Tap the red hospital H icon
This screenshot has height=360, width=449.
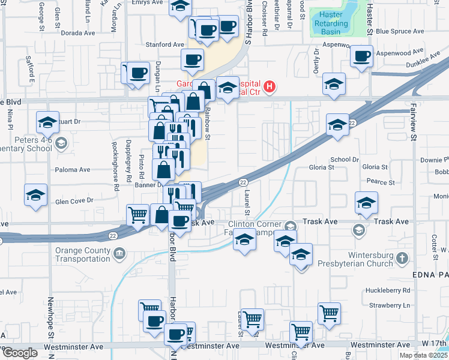tap(270, 87)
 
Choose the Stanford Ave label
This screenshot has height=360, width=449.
tap(164, 44)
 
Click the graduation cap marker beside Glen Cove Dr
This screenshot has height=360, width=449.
tap(36, 196)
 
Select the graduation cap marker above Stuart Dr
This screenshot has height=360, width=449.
tap(47, 122)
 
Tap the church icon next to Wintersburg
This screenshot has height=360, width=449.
tap(402, 259)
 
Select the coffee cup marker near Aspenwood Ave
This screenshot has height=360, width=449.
tap(361, 56)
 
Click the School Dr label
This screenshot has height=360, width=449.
tap(344, 160)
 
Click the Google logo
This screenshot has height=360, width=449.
tap(19, 353)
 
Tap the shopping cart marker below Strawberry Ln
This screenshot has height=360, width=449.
tap(329, 313)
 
